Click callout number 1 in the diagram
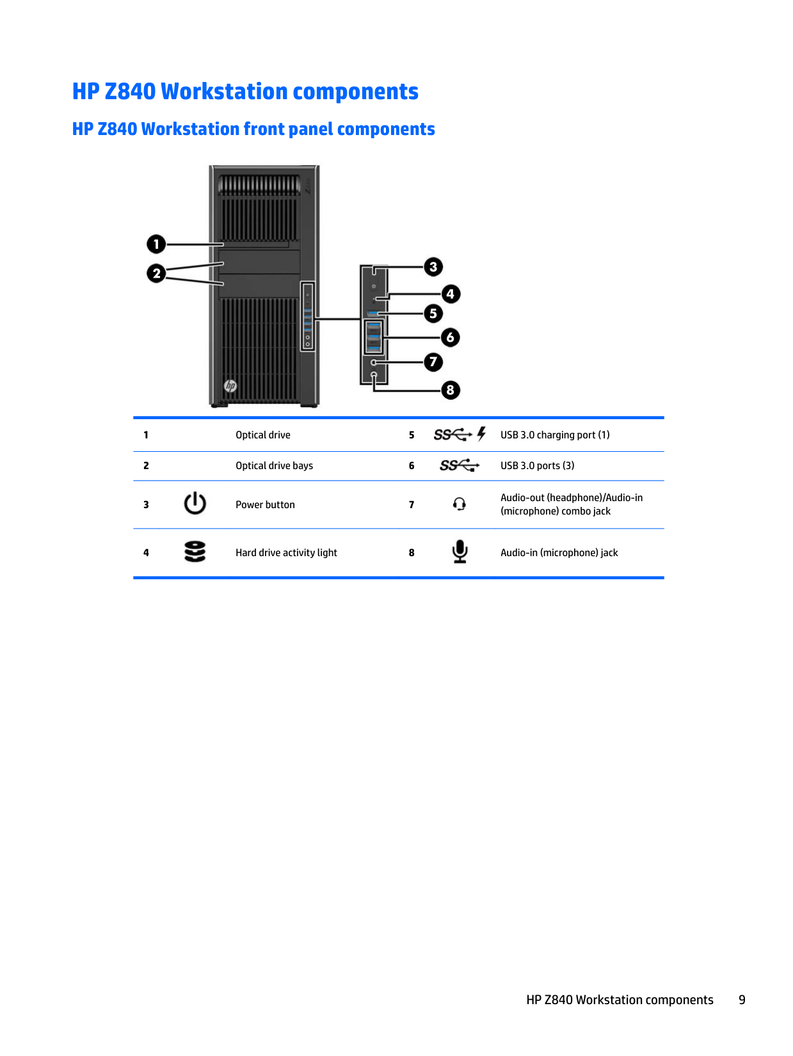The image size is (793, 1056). point(156,244)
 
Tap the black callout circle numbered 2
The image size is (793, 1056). point(156,273)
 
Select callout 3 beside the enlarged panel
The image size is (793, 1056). point(433,266)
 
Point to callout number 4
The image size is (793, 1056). point(451,294)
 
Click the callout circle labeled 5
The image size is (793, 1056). point(433,314)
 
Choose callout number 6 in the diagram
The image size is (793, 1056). point(451,337)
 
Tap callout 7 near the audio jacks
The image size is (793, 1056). point(433,362)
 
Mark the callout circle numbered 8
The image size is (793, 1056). point(451,390)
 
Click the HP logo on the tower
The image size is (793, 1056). point(230,385)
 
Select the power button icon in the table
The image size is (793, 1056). point(195,504)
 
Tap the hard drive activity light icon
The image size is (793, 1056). point(195,552)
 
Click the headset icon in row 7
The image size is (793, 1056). point(460,504)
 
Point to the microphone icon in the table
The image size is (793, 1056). point(460,552)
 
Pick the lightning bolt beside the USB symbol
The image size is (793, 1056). point(481,434)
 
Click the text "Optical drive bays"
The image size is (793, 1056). point(274,466)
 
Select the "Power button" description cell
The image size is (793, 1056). point(265,505)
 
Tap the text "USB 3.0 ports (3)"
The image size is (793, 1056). point(537,466)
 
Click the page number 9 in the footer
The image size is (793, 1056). point(742,1000)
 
